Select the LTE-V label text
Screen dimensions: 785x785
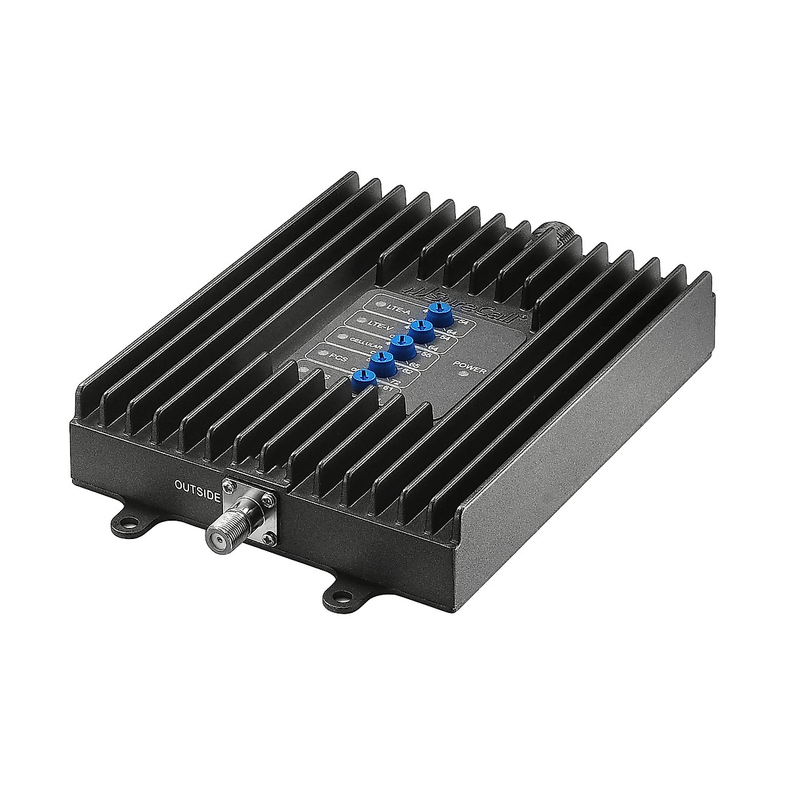click(x=379, y=324)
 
